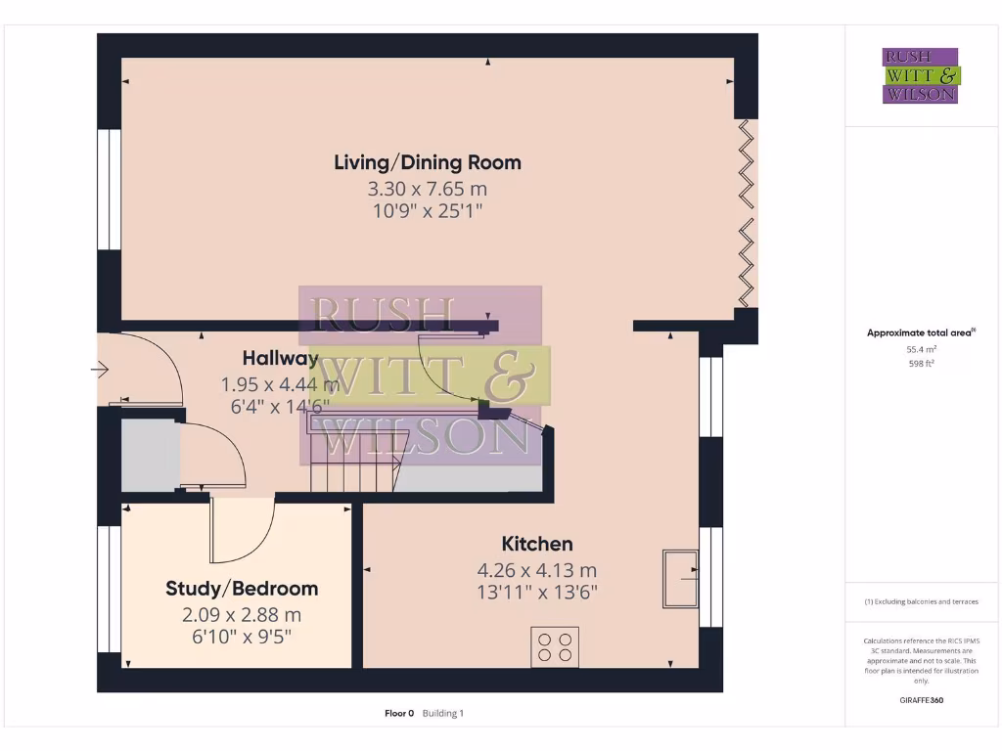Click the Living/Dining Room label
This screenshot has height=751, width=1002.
(428, 162)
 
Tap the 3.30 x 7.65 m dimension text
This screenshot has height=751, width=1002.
(428, 188)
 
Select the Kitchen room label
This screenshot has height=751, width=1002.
(537, 544)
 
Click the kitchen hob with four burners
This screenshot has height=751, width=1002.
(554, 647)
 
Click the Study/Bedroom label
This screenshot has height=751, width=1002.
(242, 589)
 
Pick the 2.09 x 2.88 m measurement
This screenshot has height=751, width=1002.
(242, 615)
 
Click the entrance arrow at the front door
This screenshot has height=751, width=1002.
(99, 370)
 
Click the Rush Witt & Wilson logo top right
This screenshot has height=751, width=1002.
(920, 75)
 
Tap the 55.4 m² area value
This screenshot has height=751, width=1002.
(920, 349)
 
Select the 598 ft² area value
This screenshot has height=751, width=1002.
(920, 364)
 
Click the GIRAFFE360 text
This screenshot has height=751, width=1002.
(920, 700)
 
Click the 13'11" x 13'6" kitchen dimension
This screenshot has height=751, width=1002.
(537, 592)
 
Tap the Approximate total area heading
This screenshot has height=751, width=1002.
(920, 333)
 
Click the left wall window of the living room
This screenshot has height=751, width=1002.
(109, 190)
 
